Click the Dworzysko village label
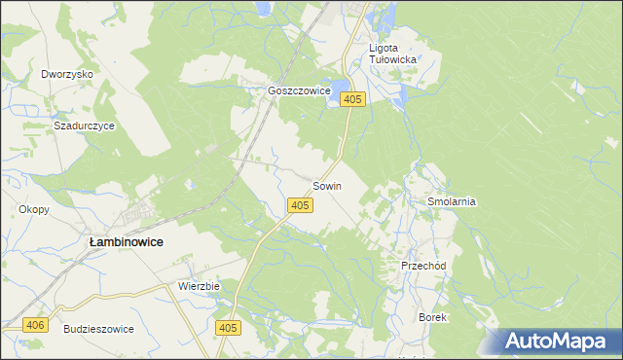66,74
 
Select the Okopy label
33,209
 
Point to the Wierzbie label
200,287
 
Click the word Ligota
384,47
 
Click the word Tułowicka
393,59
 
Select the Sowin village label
327,186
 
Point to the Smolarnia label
451,201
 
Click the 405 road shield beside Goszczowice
353,99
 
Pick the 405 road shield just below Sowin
300,205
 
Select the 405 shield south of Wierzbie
228,329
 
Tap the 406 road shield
35,325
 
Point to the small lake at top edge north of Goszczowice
264,8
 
